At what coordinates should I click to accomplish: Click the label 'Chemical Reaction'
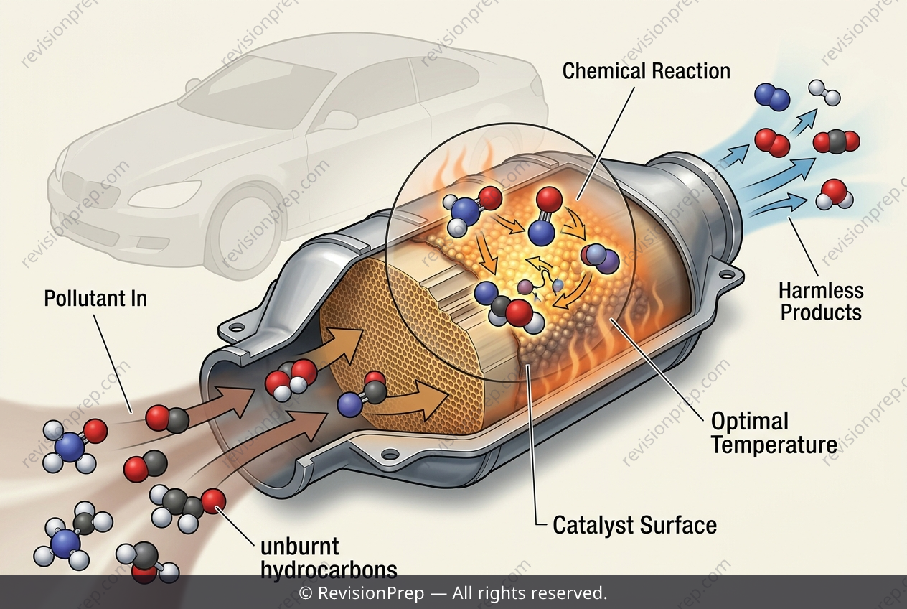coord(647,71)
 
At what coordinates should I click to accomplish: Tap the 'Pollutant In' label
coord(95,298)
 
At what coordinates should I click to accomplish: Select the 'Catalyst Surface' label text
coord(634,525)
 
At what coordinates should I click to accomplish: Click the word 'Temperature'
coord(774,445)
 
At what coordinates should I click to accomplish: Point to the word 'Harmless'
coord(822,291)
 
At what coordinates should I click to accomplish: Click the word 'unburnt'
coord(300,547)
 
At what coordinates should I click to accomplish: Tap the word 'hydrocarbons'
coord(329,570)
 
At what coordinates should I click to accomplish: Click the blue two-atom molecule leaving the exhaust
coord(772,96)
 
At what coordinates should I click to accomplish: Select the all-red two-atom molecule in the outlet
coord(772,143)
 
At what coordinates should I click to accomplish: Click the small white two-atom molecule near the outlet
coord(824,93)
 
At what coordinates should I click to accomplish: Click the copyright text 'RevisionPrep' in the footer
coord(371,593)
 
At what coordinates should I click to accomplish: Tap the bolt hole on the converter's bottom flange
coord(390,453)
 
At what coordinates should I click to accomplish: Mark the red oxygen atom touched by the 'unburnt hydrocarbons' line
coord(213,501)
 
